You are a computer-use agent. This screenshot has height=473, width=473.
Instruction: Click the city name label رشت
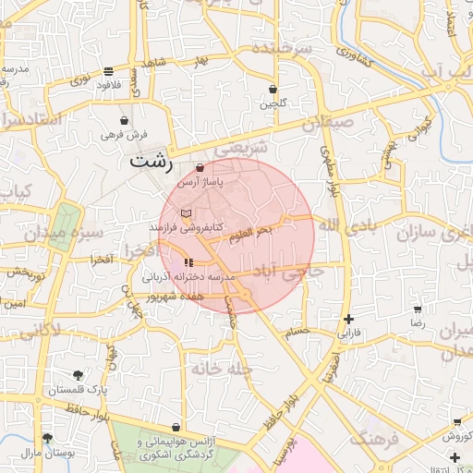(x=151, y=161)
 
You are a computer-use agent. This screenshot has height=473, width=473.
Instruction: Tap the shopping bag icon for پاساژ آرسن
(x=201, y=167)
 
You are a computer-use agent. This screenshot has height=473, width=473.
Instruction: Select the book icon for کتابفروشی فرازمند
(x=187, y=212)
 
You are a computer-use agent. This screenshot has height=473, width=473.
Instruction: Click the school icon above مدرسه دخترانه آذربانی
(x=189, y=263)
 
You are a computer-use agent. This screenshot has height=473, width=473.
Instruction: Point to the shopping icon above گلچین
(x=273, y=90)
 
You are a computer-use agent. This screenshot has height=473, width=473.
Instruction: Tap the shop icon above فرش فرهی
(x=125, y=120)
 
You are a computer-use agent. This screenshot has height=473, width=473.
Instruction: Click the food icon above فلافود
(x=109, y=71)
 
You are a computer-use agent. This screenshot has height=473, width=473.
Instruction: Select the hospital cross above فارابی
(x=347, y=319)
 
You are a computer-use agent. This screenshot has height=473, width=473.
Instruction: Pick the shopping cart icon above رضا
(x=418, y=310)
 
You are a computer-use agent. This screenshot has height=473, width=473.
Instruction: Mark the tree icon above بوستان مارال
(x=47, y=438)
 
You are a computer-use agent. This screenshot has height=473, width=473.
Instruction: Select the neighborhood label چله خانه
(x=222, y=368)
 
